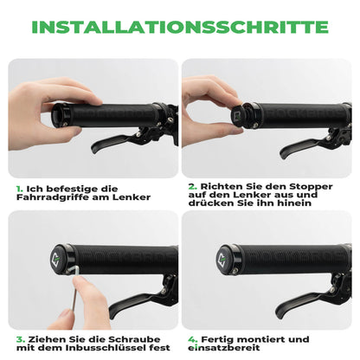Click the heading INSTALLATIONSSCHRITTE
[x=179, y=26]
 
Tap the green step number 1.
[x=18, y=186]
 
